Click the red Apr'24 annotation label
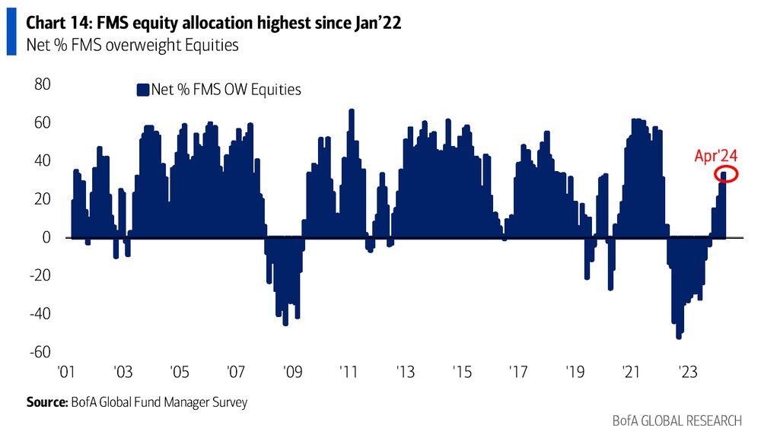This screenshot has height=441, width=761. (715, 156)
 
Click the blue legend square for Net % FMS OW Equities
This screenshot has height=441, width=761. (141, 90)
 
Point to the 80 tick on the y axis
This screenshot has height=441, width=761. (43, 84)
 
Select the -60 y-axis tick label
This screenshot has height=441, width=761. (40, 352)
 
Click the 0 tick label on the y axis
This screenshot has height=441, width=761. (46, 237)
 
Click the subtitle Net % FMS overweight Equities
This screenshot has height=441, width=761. (132, 46)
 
